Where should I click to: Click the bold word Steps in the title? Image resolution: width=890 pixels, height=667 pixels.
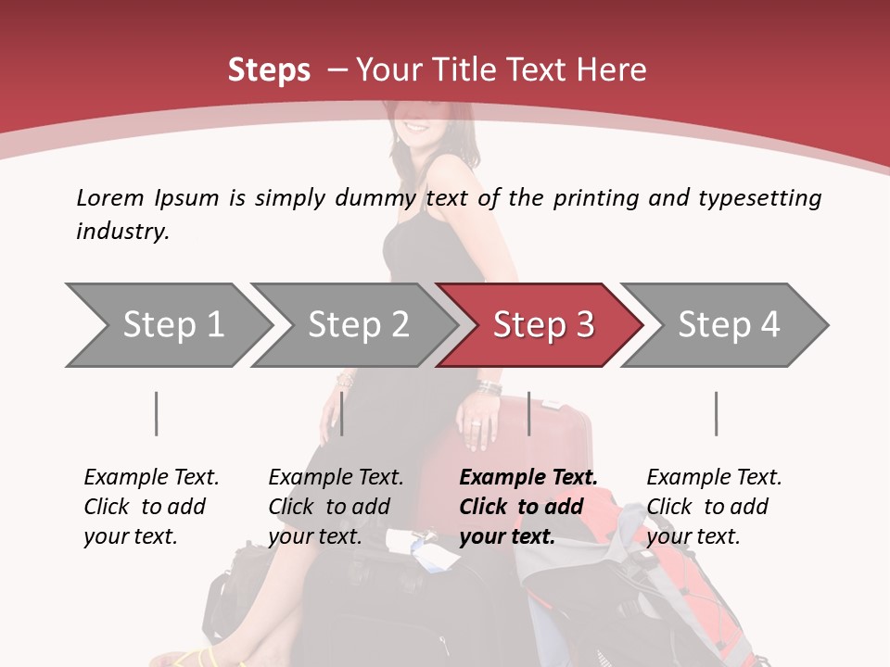click(269, 70)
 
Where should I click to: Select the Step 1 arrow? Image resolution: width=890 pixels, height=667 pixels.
click(169, 325)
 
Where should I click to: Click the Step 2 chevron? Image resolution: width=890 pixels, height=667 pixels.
click(353, 325)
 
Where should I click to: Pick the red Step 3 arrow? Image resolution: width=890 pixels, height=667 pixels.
click(539, 325)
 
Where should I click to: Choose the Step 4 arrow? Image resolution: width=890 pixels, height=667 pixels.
click(724, 325)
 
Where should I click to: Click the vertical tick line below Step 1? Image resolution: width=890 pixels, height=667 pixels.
click(156, 413)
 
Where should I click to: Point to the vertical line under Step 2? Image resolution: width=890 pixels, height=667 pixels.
click(342, 413)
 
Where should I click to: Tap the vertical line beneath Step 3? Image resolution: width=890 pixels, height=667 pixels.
click(529, 413)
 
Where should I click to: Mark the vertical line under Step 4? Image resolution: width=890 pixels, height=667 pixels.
click(717, 413)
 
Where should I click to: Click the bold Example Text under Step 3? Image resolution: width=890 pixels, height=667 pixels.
click(528, 477)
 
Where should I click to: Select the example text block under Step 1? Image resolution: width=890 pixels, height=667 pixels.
click(151, 507)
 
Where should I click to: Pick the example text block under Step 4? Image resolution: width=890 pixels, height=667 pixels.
click(714, 507)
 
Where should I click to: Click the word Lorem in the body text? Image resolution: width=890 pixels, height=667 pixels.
click(109, 198)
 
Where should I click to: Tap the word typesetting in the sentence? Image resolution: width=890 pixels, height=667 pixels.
click(760, 198)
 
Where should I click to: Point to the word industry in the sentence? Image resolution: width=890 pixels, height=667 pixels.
click(122, 232)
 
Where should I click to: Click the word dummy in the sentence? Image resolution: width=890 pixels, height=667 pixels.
click(375, 199)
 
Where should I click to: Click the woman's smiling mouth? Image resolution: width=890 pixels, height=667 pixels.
click(417, 127)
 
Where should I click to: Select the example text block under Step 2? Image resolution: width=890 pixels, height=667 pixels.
click(336, 507)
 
